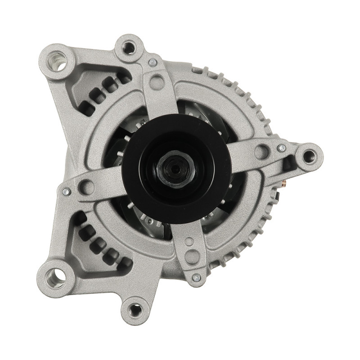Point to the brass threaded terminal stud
click(284, 184)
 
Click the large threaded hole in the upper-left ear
click(58, 61)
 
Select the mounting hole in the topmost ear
click(129, 47)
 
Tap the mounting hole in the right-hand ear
click(309, 156)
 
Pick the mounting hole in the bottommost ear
click(135, 310)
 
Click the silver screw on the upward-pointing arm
click(153, 63)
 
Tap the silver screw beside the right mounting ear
click(282, 148)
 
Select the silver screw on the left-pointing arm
click(66, 192)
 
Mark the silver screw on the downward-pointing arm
click(196, 278)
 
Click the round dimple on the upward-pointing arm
click(157, 82)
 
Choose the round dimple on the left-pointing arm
click(87, 186)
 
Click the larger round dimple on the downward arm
click(192, 256)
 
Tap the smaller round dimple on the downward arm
click(189, 242)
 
